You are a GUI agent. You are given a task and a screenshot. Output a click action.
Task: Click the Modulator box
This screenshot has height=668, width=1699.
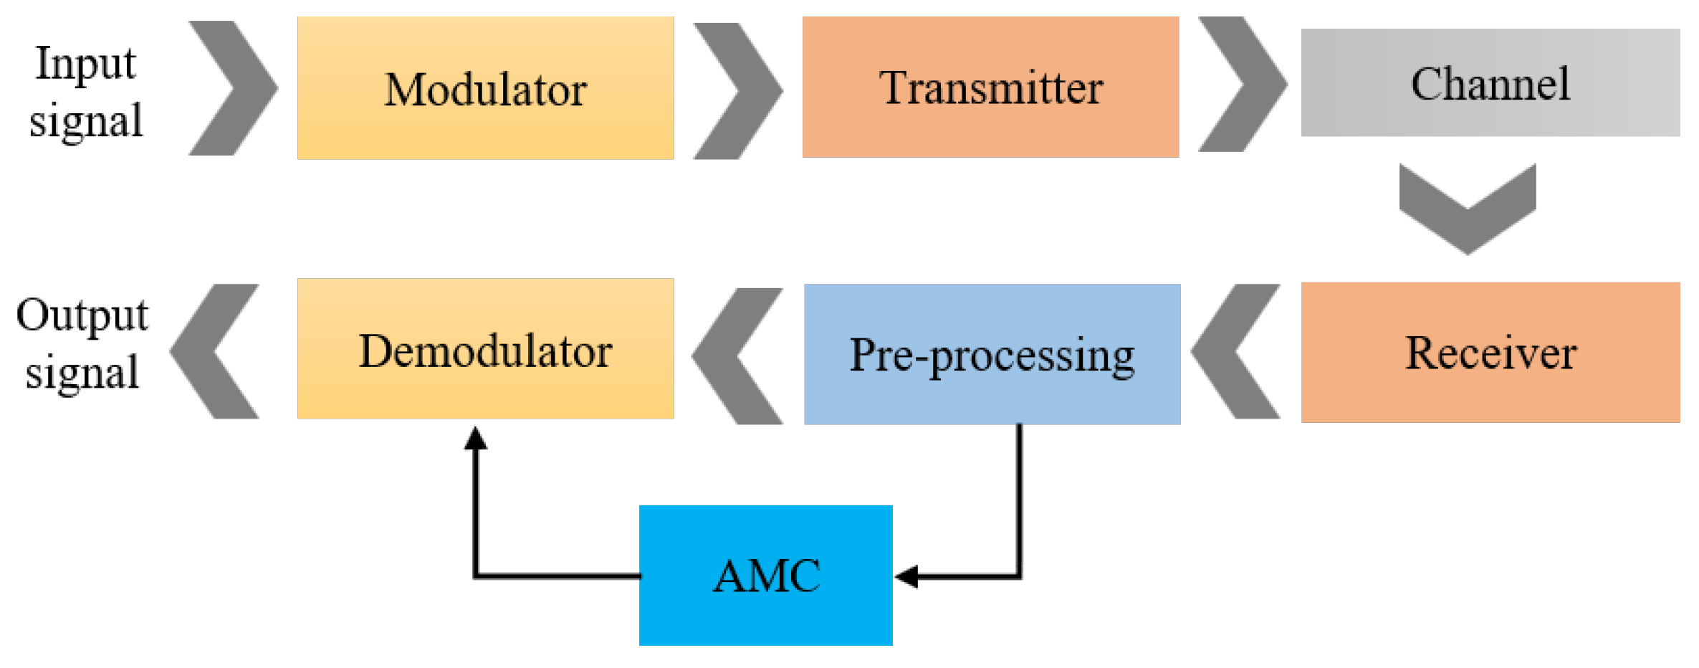point(485,87)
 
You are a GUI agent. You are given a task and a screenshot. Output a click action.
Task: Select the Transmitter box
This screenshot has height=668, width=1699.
point(990,87)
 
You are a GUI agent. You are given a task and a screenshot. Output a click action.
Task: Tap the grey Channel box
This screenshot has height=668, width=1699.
point(1490,82)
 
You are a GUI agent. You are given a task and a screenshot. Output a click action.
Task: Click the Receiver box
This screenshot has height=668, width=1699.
point(1490,352)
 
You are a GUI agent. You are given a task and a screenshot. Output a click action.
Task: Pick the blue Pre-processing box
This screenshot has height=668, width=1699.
point(992,354)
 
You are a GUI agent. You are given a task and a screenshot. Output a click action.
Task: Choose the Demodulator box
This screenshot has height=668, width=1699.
point(485,348)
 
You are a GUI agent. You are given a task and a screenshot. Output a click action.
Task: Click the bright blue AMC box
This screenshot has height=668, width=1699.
point(765,575)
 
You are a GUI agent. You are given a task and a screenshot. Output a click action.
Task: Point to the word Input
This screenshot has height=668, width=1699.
point(85,63)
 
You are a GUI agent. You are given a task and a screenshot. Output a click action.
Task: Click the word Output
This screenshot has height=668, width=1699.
point(82,315)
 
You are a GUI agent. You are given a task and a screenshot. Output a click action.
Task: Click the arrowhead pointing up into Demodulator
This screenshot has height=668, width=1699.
point(475,439)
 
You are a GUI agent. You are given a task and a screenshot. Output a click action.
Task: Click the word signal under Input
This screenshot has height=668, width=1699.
point(85,120)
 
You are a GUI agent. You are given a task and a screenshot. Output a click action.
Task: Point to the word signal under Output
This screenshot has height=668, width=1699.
point(82,372)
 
